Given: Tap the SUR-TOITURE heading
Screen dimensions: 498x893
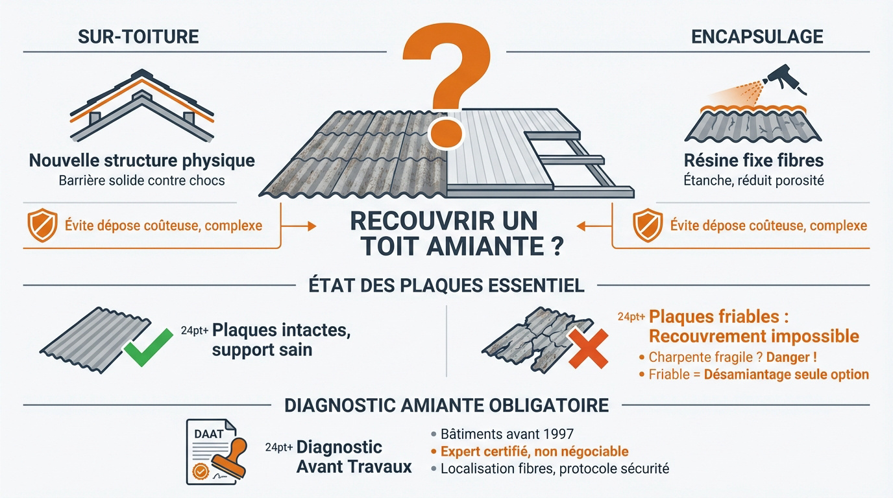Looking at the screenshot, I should (138, 36).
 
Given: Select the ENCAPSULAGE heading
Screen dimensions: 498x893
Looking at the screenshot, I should (757, 36).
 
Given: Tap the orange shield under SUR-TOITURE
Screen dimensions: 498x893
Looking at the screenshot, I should (42, 226).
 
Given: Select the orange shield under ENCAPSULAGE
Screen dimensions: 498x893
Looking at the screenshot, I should (646, 226).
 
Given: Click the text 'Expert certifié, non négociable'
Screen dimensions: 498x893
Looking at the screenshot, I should (534, 451).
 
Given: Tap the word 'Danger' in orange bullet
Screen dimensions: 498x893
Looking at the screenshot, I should (790, 357).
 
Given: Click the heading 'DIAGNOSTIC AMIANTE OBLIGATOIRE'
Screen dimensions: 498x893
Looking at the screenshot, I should (446, 406).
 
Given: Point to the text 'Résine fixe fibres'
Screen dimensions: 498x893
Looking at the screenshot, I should (753, 160).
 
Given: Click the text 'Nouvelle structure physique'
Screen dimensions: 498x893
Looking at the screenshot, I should (142, 160).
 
